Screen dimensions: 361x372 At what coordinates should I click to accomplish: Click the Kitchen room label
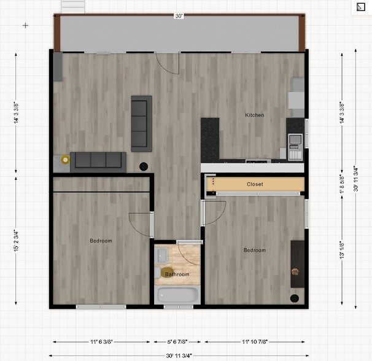point(255,115)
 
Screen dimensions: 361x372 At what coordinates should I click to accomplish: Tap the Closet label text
point(255,184)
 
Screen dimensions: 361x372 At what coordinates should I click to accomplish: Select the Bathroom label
point(177,274)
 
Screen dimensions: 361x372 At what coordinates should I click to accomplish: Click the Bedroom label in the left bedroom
point(101,241)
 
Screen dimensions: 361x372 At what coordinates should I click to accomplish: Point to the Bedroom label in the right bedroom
point(254,250)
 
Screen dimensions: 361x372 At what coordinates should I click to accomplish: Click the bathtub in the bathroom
point(178,295)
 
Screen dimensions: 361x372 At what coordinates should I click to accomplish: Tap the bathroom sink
point(160,254)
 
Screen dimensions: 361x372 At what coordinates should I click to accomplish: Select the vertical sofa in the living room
point(141,123)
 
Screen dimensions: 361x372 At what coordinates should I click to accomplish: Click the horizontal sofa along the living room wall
point(98,161)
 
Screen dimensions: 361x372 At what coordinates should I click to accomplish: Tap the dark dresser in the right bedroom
point(297,263)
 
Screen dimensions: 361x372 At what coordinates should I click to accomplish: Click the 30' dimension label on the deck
point(178,17)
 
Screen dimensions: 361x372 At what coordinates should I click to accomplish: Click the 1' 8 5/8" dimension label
point(341,182)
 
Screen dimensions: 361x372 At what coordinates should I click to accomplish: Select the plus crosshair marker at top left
point(25,25)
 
